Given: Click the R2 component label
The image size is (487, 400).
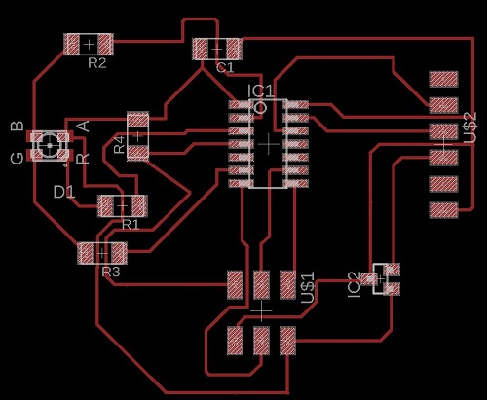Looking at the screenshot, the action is click(97, 63).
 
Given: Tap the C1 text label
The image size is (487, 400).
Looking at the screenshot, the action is click(225, 67).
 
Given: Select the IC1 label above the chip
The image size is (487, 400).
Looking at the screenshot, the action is click(261, 91).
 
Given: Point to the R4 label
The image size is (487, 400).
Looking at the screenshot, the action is click(120, 145).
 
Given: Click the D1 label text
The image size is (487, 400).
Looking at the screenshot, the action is click(64, 192).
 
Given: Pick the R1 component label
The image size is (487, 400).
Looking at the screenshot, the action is click(131, 224).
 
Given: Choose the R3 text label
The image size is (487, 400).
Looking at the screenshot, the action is click(111, 272).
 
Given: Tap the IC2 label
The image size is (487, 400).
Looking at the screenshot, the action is click(354, 285).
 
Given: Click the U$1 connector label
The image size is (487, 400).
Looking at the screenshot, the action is click(308, 287).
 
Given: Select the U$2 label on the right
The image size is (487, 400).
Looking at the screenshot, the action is click(469, 127).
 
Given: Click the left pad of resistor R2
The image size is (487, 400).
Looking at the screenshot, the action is click(72, 44).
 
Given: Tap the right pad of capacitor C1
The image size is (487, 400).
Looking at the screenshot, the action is click(234, 49).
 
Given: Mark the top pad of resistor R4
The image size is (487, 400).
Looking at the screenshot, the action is click(138, 120).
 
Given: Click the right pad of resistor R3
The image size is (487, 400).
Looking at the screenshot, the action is click(119, 253).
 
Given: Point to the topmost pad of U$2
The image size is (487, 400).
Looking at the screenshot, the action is click(443, 79).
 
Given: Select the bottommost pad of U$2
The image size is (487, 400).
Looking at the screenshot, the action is click(443, 210).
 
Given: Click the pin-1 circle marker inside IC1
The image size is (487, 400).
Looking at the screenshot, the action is click(260, 108).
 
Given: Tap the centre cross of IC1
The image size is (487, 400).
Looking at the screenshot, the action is click(268, 144).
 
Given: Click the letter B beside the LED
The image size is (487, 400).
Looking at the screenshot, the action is click(18, 126).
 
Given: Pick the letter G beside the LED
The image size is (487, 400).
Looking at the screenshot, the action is click(18, 158).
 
